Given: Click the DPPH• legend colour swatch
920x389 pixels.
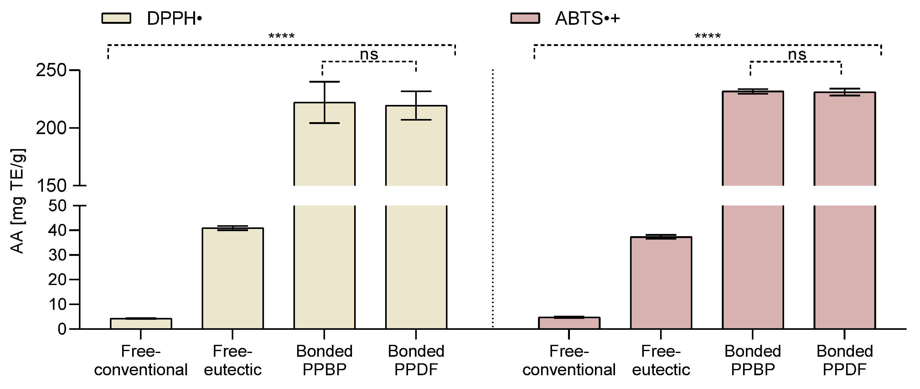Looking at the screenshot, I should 116,18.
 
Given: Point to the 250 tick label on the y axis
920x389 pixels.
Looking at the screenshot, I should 51,70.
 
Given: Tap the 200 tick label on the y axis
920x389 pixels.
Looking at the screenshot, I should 51,128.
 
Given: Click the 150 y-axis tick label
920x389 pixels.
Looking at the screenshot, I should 51,186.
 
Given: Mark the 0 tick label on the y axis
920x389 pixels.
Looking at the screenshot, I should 62,329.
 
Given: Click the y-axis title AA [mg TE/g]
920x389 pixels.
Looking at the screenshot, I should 17,201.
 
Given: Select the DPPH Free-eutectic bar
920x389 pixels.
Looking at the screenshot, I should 232,279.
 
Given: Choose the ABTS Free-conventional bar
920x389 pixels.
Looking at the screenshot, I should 569,323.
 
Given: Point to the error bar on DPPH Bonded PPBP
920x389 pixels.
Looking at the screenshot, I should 324,102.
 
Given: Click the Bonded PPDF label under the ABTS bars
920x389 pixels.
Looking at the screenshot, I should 845,360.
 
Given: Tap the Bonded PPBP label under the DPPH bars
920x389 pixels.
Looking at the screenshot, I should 324,360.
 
